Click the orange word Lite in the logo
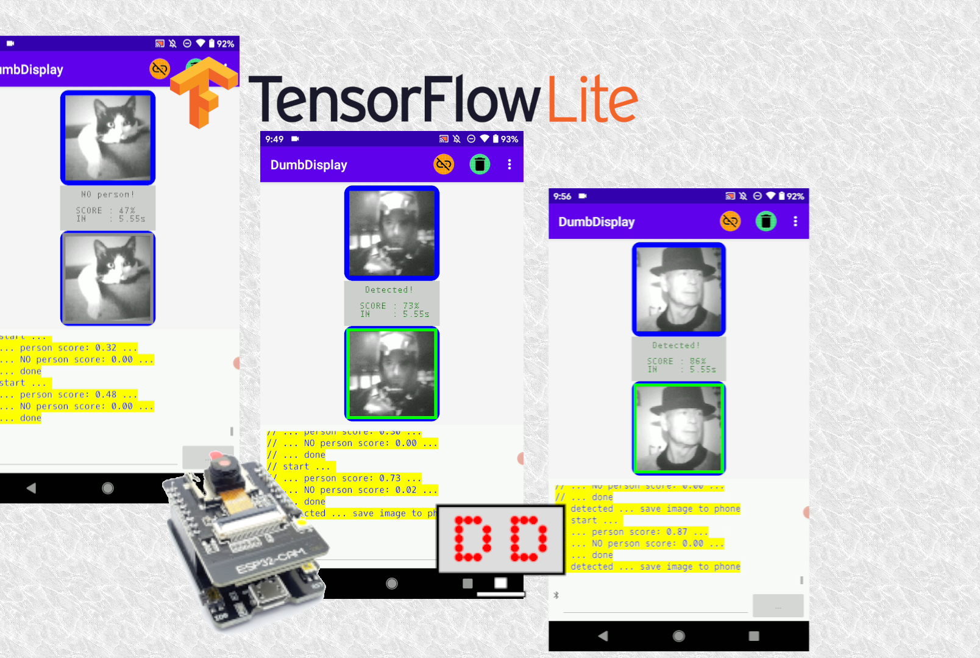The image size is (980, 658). coord(592,99)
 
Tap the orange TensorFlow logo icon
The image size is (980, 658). coord(202,91)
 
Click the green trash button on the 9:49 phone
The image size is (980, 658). coord(480,164)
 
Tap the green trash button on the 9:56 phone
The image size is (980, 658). coord(765,221)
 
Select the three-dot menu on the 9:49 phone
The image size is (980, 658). coord(510,164)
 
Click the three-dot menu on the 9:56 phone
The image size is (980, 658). coord(795,221)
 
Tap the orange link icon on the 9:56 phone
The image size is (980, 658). coord(730,221)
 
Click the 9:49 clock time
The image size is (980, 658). coord(274,139)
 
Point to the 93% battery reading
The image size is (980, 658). coord(510,139)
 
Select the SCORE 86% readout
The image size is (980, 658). coord(676,361)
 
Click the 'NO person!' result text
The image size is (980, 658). coord(107,194)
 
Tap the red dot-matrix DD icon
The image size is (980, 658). coord(500,539)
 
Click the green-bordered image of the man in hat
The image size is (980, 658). coord(678,428)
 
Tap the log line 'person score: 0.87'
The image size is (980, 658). coord(639,532)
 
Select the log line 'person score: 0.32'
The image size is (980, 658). coord(68,348)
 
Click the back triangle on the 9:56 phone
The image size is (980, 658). coord(603,636)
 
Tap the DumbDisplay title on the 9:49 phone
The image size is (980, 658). coord(308,165)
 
